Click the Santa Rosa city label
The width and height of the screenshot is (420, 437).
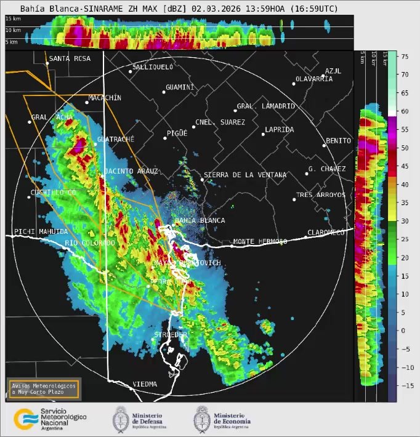tap(70, 58)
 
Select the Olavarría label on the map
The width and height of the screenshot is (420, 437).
tap(314, 79)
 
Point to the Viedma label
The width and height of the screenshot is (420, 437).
tap(145, 384)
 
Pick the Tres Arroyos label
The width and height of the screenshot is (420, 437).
tap(321, 195)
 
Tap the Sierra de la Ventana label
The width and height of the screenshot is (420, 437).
tap(245, 175)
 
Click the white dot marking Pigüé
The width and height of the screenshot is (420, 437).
tap(165, 138)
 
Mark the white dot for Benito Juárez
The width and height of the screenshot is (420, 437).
tap(324, 146)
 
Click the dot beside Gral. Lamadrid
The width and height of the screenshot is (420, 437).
tap(235, 111)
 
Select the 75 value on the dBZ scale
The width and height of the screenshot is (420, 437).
tap(405, 56)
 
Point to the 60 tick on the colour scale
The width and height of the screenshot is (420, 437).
tap(405, 111)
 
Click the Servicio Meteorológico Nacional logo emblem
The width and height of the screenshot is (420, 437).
tap(24, 419)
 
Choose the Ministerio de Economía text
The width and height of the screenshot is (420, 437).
tap(232, 419)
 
